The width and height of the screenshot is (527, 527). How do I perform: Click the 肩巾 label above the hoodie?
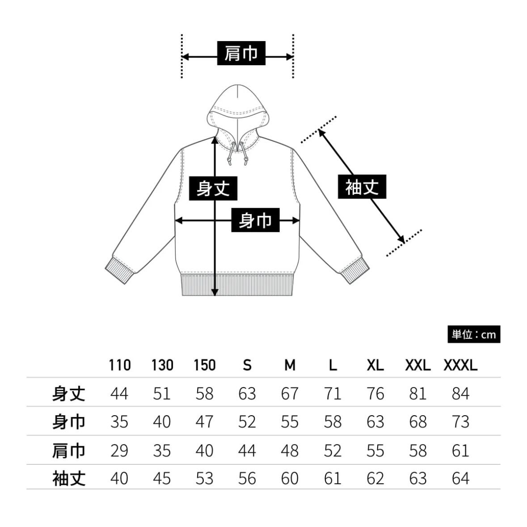(x=241, y=54)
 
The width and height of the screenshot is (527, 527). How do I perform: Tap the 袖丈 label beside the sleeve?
(x=362, y=187)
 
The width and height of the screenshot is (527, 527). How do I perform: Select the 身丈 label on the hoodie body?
(x=213, y=188)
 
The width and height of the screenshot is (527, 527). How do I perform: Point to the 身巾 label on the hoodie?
(x=255, y=220)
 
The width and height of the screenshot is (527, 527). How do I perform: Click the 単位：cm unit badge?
(x=473, y=334)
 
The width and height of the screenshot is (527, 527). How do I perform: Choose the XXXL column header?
(x=460, y=365)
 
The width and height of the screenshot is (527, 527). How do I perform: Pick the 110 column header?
(x=119, y=365)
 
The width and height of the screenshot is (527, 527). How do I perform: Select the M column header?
(x=290, y=365)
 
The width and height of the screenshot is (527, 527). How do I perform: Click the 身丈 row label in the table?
(x=68, y=393)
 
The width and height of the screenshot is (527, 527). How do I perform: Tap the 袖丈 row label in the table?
(x=68, y=478)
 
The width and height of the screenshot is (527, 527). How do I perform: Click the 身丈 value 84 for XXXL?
(x=460, y=393)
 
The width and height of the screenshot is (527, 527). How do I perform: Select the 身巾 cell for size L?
(x=333, y=422)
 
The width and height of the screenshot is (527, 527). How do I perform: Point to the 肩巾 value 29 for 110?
(x=119, y=450)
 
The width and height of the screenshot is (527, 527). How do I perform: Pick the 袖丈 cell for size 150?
(x=204, y=478)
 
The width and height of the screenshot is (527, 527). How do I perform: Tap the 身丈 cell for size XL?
(x=375, y=393)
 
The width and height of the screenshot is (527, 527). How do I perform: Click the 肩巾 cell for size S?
(x=247, y=450)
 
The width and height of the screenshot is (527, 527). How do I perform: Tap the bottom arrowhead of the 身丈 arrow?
(x=215, y=291)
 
